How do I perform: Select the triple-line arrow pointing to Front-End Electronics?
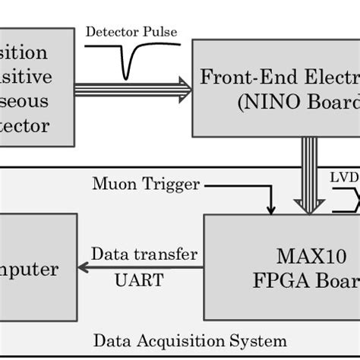133,88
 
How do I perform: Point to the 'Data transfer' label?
144,254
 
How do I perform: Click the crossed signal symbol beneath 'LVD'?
347,200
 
